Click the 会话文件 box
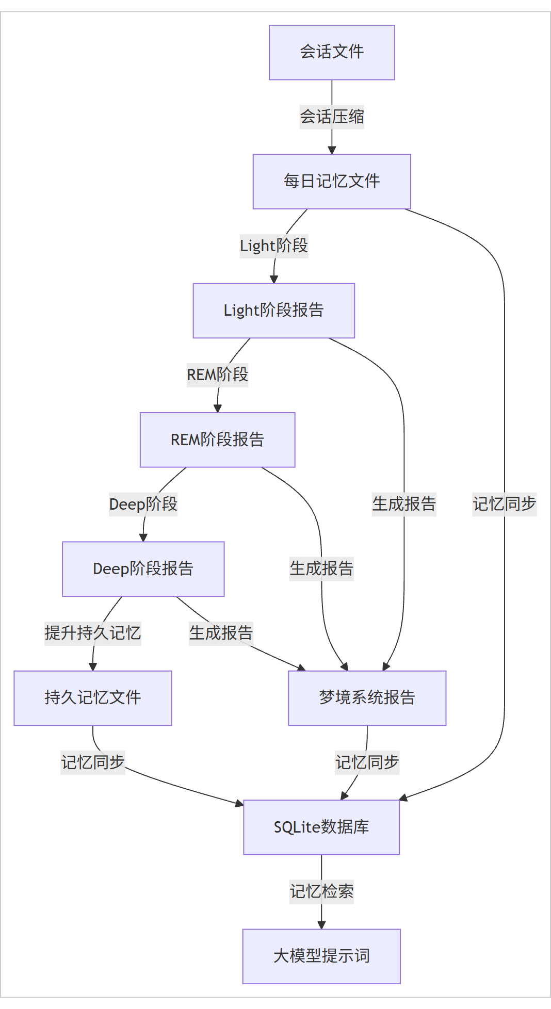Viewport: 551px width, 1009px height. (x=332, y=53)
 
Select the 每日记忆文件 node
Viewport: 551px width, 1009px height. (x=332, y=182)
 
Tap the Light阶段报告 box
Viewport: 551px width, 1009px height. (x=274, y=311)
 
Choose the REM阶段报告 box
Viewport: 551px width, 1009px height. (x=218, y=440)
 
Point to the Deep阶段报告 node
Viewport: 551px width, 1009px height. (x=143, y=569)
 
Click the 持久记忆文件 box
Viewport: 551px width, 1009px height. (x=93, y=698)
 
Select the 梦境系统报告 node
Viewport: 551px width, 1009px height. (x=367, y=698)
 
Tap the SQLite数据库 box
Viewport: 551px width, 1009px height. (x=321, y=827)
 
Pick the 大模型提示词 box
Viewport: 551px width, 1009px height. (x=321, y=956)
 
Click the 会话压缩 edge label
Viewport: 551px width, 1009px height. (x=332, y=117)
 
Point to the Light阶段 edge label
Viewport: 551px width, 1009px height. (x=274, y=246)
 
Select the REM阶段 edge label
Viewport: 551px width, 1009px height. (x=218, y=375)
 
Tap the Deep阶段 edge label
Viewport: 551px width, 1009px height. (x=143, y=504)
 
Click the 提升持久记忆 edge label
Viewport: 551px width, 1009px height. (x=93, y=633)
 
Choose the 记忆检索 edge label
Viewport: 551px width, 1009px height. (x=321, y=892)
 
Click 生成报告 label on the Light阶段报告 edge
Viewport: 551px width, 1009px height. (x=404, y=504)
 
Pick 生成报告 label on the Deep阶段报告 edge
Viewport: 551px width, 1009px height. (x=221, y=633)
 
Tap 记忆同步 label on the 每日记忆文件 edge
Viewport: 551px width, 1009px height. (x=505, y=504)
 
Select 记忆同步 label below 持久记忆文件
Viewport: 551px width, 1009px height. (x=93, y=762)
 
